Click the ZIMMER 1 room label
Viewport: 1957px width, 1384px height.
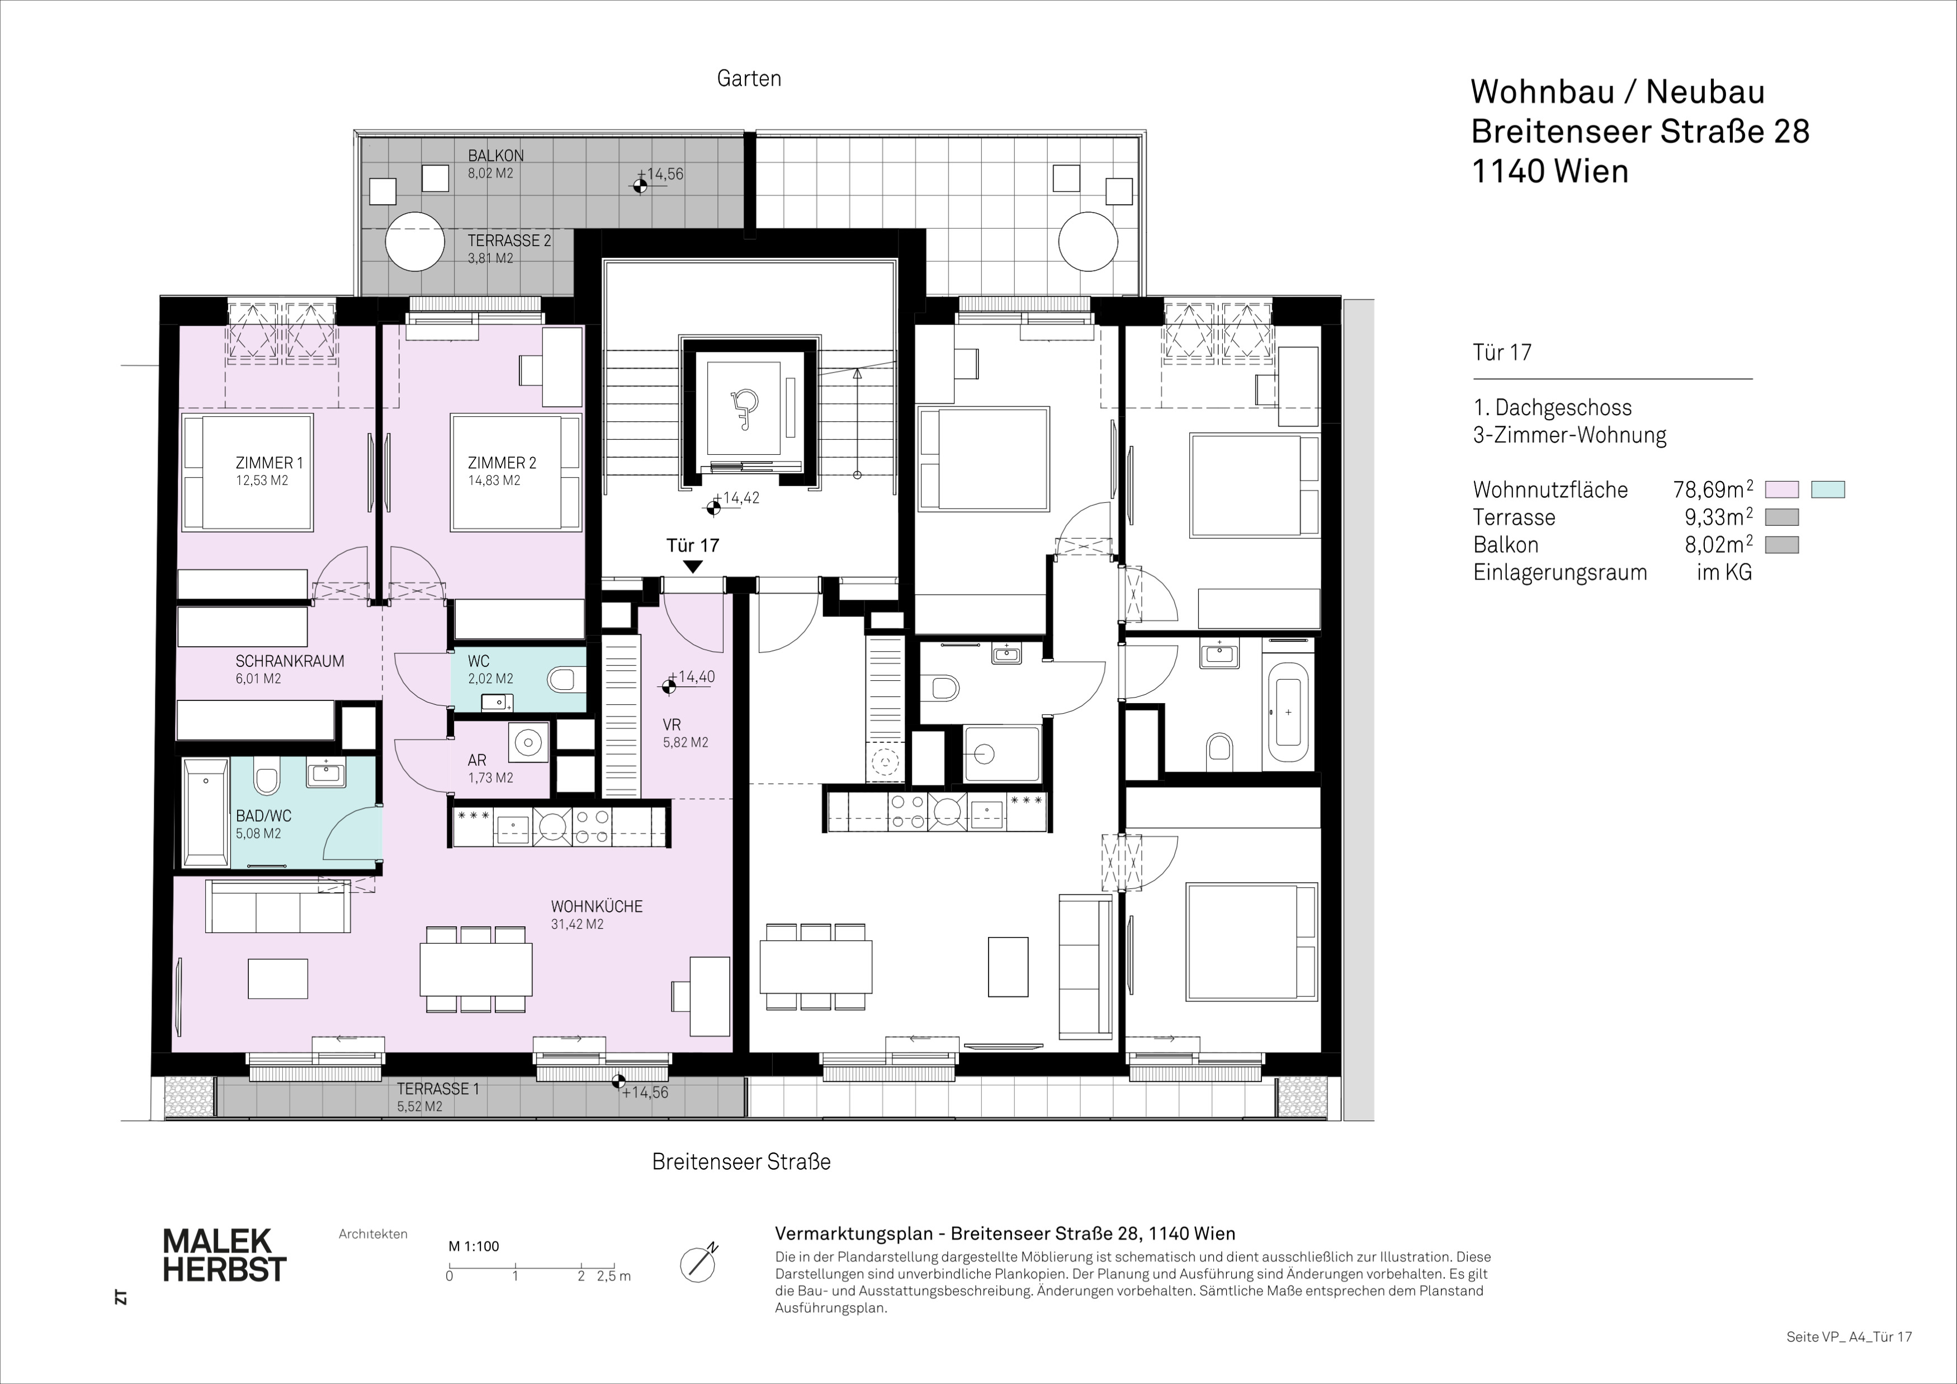coord(270,463)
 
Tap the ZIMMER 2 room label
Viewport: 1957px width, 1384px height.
coord(502,463)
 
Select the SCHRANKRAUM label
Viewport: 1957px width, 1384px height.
coord(290,661)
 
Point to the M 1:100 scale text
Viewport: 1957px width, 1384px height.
coord(474,1246)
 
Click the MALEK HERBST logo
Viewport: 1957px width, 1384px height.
coord(224,1255)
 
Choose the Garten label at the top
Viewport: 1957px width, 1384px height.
coord(749,78)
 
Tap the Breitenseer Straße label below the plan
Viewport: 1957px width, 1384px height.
coord(741,1161)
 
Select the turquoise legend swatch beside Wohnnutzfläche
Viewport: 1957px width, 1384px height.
coord(1828,489)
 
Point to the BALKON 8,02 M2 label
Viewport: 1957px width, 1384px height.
coord(496,164)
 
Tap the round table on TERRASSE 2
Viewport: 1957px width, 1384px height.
coord(415,241)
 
